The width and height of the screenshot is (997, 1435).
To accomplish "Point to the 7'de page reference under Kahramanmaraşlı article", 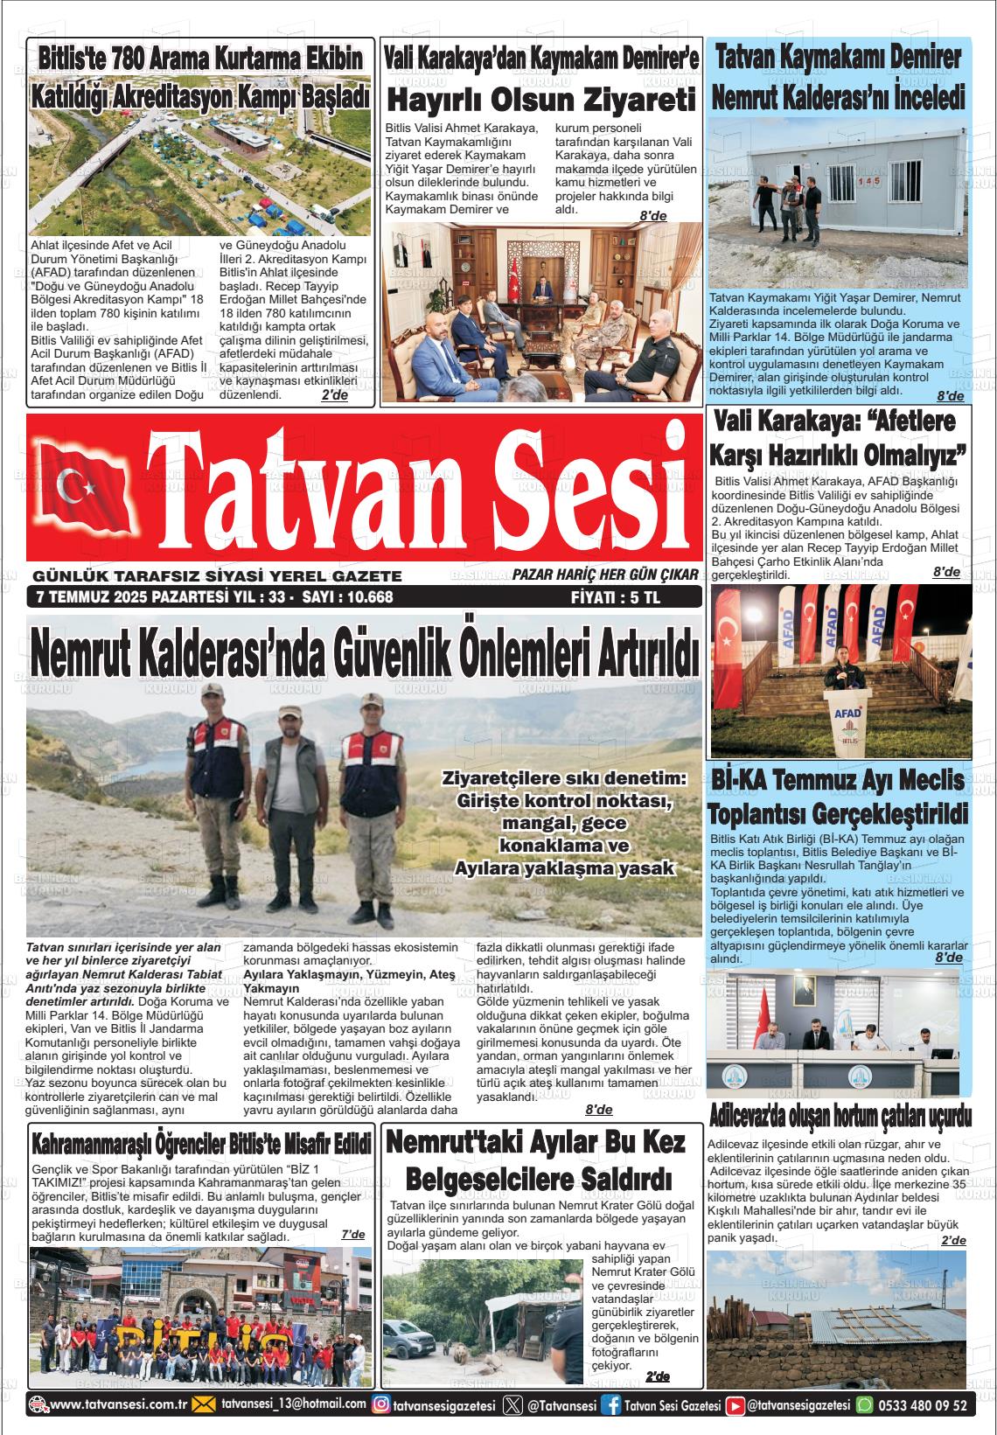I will tap(353, 1234).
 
